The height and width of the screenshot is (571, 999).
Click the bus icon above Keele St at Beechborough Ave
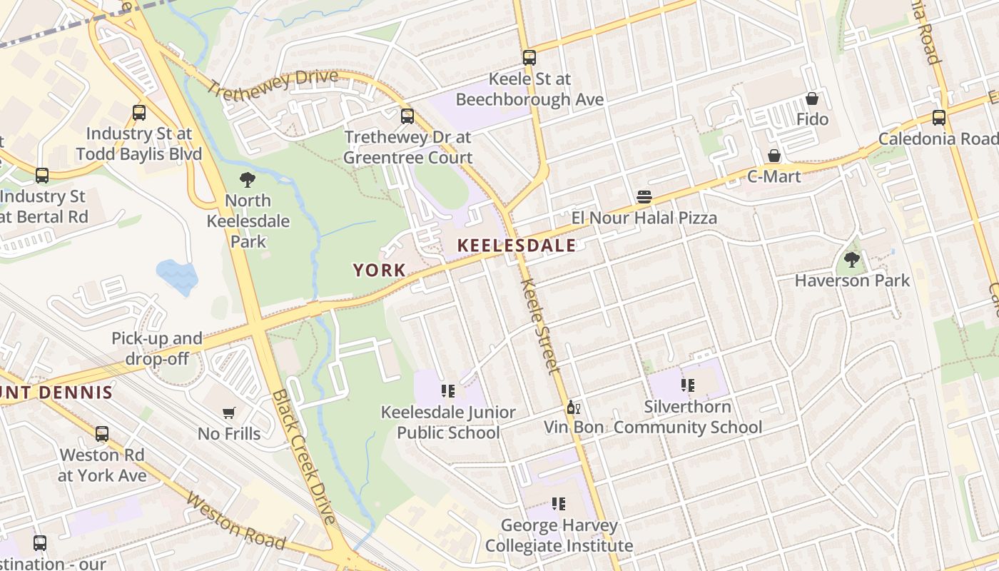(x=529, y=58)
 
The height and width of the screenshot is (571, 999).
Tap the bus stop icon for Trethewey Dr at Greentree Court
(x=407, y=116)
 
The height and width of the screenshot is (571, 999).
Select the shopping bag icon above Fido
(x=811, y=98)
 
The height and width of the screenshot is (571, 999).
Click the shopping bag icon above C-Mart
(x=774, y=156)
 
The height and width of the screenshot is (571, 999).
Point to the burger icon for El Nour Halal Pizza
(x=644, y=197)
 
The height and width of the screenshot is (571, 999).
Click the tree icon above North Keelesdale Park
(x=248, y=180)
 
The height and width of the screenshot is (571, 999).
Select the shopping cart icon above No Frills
(x=229, y=413)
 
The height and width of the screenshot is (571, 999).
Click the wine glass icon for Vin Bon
(x=572, y=408)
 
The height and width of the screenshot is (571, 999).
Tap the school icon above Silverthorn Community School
(x=687, y=386)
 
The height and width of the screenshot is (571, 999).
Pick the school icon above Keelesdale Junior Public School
(x=447, y=391)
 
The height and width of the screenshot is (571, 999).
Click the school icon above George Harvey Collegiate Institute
(x=559, y=505)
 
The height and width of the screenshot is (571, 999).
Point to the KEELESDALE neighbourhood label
(x=516, y=246)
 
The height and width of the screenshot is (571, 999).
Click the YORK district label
(x=380, y=271)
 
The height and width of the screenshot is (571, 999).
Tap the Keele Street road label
(x=541, y=325)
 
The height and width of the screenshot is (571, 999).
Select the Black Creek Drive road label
(x=304, y=457)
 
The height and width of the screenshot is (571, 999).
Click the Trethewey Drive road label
(x=273, y=85)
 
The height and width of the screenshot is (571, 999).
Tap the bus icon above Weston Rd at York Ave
(x=102, y=434)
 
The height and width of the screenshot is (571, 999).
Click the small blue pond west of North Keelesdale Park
(x=176, y=276)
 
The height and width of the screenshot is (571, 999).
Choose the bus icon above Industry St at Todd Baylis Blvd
(x=139, y=113)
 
